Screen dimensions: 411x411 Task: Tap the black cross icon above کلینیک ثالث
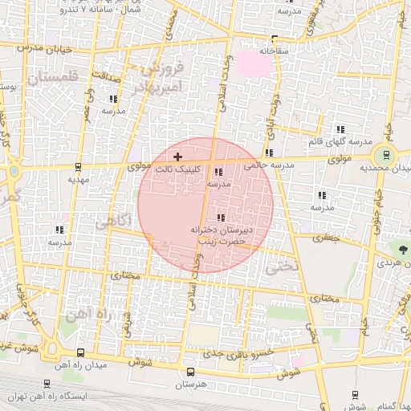tap(177, 155)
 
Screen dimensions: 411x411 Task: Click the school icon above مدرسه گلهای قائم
tap(340, 129)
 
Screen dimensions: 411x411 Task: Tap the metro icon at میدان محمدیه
tap(387, 156)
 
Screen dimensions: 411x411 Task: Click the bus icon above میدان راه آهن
tap(80, 352)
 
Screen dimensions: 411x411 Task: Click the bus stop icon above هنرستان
tap(190, 372)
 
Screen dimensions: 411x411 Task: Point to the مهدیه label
tap(78, 181)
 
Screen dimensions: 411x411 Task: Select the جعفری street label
tap(327, 238)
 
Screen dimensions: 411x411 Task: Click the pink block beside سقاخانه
tap(255, 63)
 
